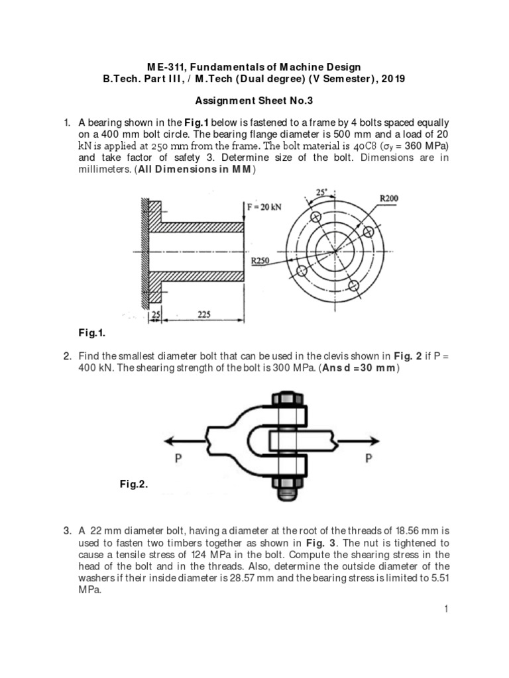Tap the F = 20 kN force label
(x=264, y=206)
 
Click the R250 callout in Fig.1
(x=260, y=261)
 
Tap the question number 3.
(x=67, y=530)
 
